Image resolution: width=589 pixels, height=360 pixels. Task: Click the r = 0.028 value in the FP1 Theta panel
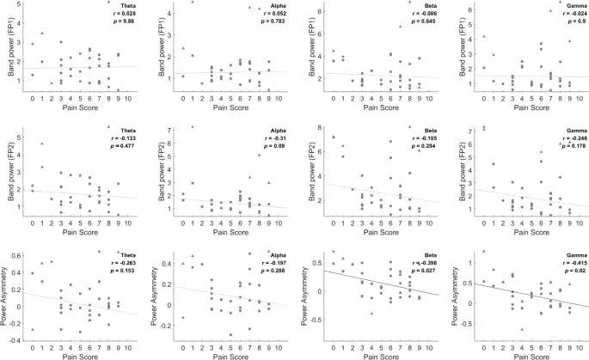point(124,15)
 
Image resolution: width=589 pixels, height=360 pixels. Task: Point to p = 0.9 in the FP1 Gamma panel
point(564,23)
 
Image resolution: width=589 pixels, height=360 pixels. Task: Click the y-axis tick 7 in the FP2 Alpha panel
point(167,129)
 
